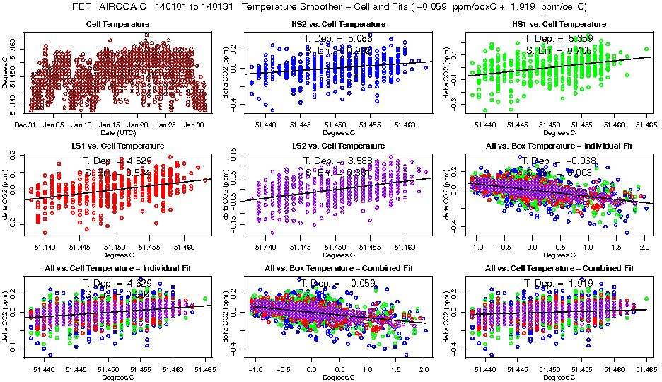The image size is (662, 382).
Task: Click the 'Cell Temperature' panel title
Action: point(118,24)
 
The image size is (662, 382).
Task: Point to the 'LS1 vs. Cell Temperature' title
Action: point(118,146)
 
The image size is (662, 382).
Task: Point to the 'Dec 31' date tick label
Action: point(25,125)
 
